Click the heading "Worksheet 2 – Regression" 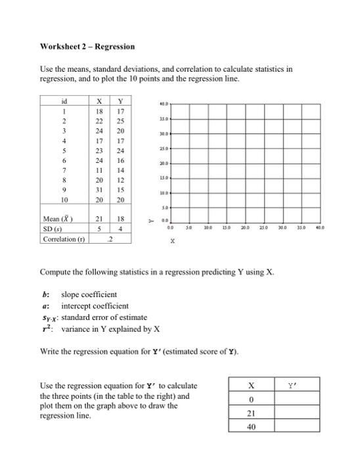87,47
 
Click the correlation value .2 109,239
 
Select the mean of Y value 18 120,218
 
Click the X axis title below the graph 173,242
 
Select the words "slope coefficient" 89,294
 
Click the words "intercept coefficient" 95,306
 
